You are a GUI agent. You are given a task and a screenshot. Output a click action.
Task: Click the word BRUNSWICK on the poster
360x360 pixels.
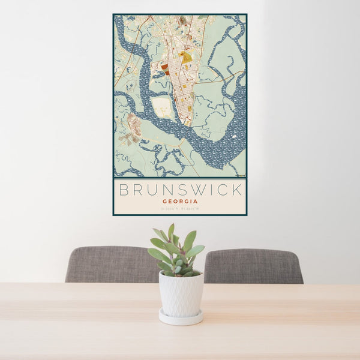click(x=180, y=190)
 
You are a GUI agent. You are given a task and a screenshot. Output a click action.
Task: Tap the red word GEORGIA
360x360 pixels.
click(x=179, y=202)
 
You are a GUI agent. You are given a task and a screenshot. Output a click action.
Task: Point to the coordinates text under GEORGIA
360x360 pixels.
click(x=179, y=209)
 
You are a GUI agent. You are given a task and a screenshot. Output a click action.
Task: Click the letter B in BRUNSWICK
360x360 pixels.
click(x=124, y=190)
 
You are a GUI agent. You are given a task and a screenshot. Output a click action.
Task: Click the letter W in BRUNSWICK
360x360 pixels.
click(x=194, y=190)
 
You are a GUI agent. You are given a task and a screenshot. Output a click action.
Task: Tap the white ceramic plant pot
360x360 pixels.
click(x=181, y=294)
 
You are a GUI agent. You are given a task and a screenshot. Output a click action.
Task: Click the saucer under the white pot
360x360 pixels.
click(x=181, y=318)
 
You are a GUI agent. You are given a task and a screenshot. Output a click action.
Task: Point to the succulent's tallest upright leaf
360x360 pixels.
click(x=171, y=232)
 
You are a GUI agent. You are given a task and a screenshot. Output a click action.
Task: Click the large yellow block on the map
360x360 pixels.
click(x=186, y=58)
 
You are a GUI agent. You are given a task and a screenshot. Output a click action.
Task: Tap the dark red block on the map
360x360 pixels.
click(x=165, y=68)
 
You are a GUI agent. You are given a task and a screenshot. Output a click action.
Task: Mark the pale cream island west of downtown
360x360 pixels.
click(x=162, y=107)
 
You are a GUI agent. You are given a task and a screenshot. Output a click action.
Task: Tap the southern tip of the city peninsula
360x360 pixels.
click(x=187, y=124)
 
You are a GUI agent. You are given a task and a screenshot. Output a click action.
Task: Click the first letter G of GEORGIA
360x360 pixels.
click(x=164, y=202)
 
